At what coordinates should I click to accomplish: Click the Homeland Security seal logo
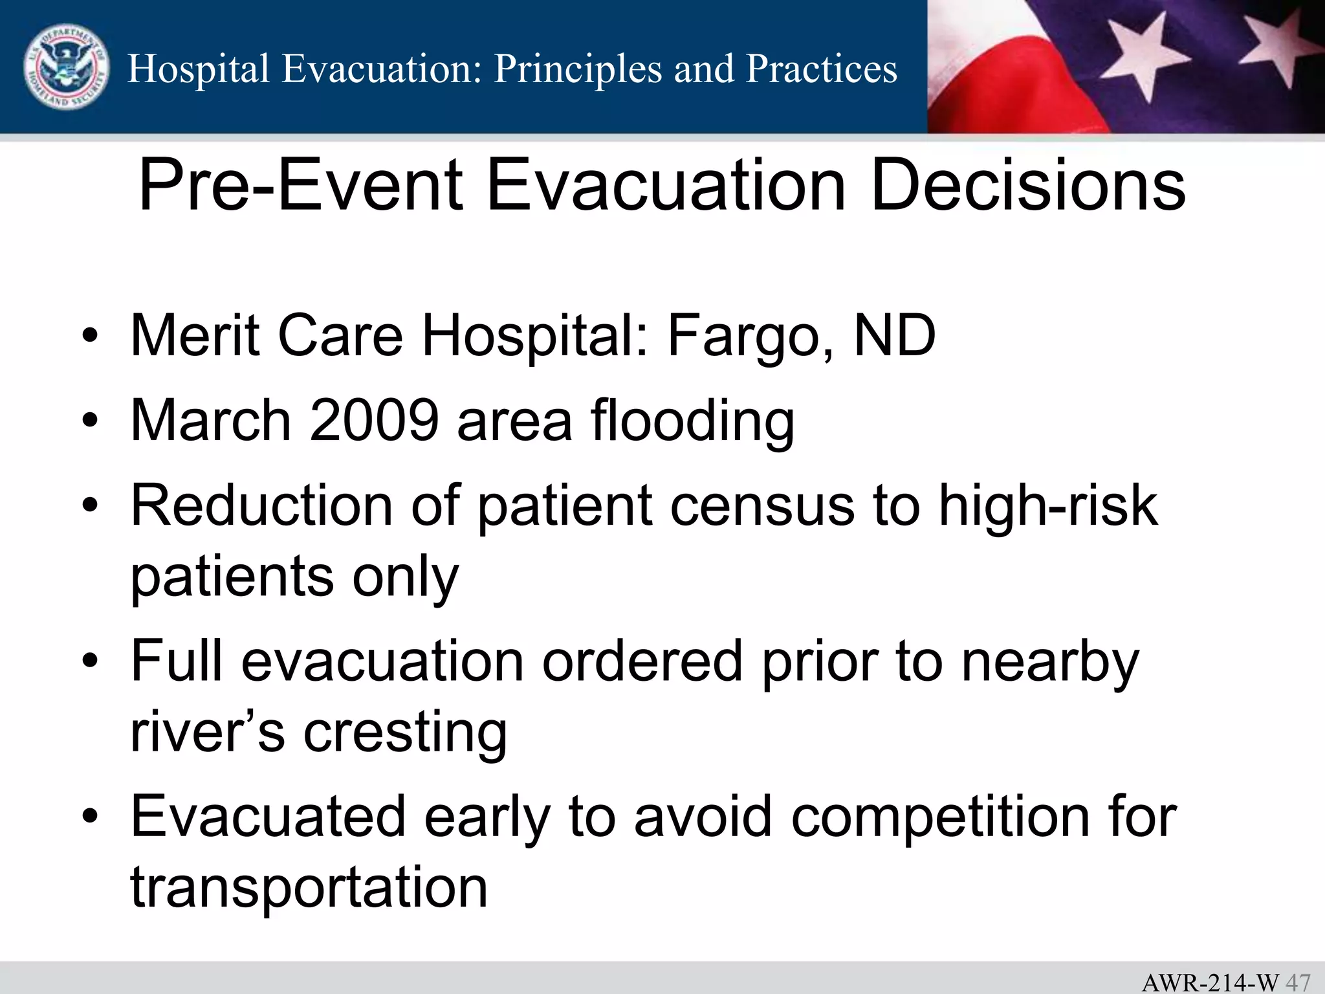coord(66,68)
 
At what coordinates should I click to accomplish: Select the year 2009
coord(375,421)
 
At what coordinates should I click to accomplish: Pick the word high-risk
coord(1047,506)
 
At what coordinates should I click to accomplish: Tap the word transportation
coord(309,888)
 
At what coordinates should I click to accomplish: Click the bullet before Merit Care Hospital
coord(90,337)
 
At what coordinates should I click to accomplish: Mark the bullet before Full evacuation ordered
coord(90,662)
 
